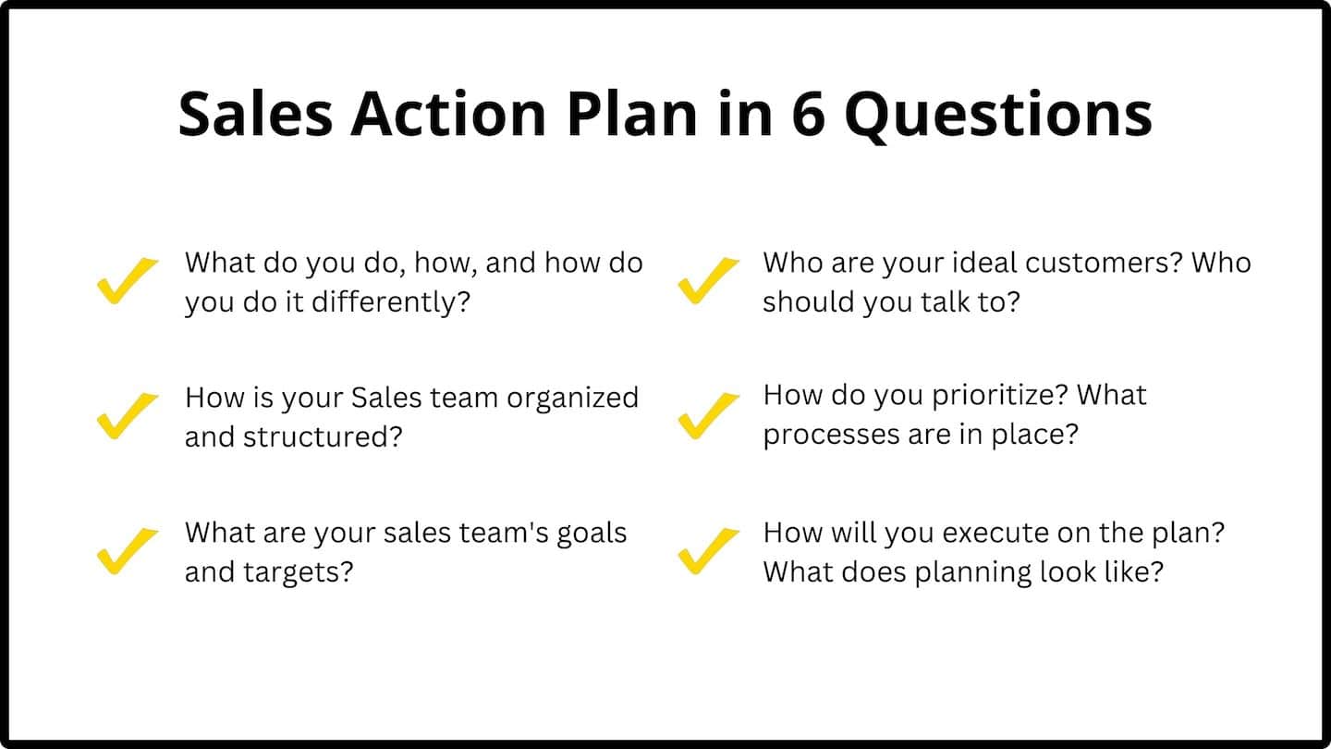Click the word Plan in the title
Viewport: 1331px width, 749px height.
[x=630, y=115]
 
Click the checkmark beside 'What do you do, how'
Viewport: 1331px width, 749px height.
[x=127, y=280]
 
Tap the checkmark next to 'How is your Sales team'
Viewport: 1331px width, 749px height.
[x=127, y=415]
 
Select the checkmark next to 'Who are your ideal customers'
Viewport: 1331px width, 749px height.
[x=708, y=280]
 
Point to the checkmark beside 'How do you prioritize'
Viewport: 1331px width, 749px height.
[x=708, y=415]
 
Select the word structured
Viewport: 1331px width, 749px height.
[x=323, y=436]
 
